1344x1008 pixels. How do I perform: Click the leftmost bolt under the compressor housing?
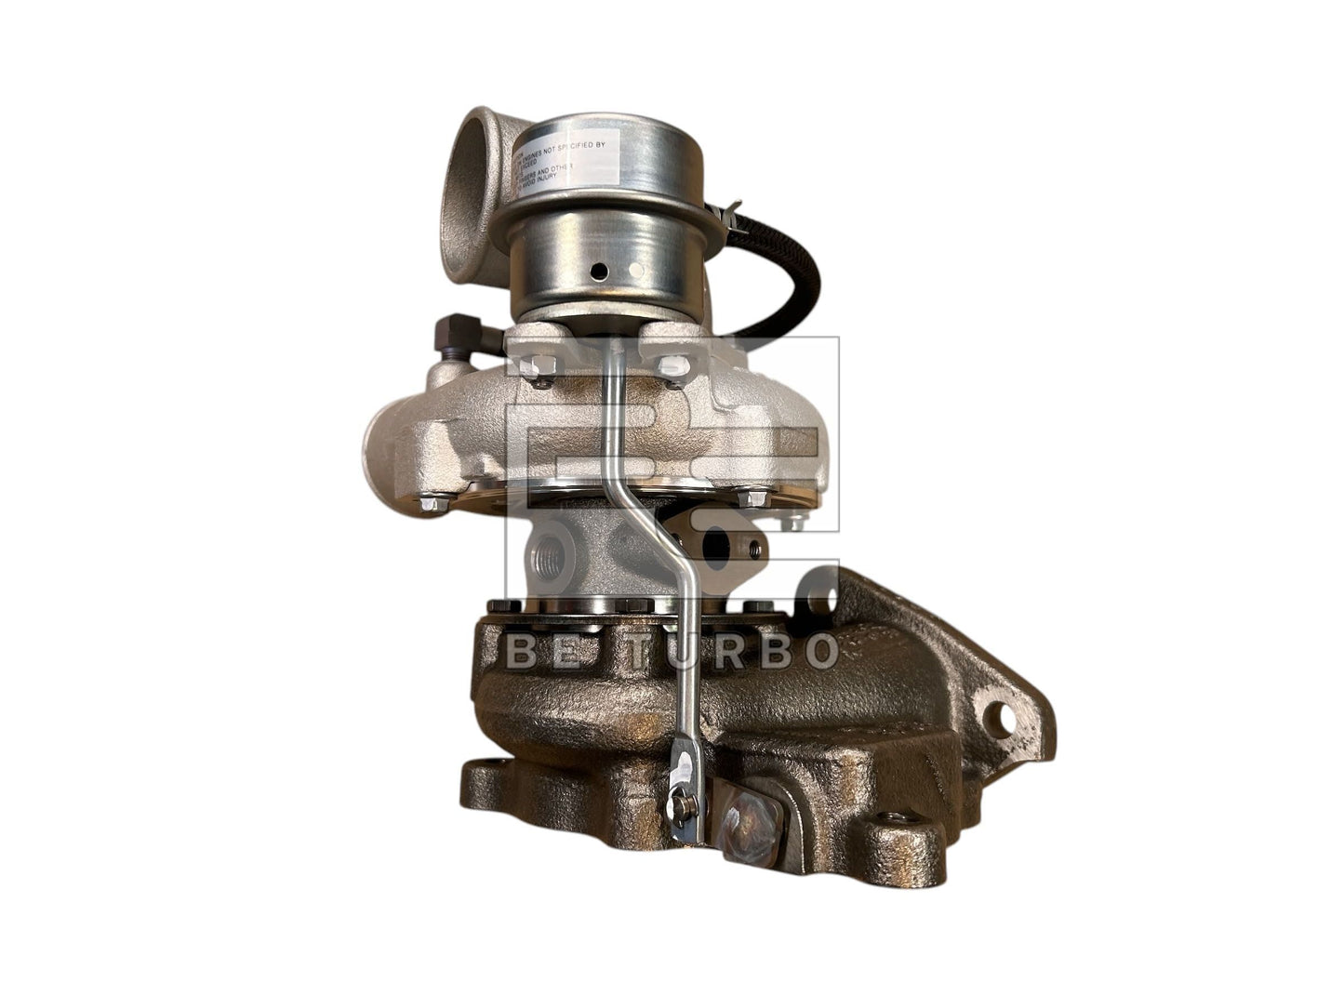coord(431,504)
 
